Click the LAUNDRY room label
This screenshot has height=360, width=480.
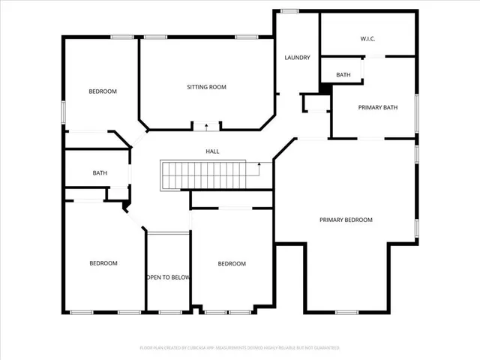(x=297, y=58)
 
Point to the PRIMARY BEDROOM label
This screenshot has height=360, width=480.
(x=346, y=220)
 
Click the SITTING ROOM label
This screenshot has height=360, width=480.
(x=206, y=87)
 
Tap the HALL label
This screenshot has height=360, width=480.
(x=213, y=151)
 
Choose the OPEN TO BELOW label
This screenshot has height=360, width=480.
(x=168, y=277)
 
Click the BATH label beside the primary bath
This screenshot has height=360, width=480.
(x=343, y=75)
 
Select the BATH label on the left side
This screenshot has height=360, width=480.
(x=100, y=173)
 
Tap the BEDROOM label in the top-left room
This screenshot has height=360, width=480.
(x=103, y=91)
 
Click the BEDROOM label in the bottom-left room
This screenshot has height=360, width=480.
(x=103, y=263)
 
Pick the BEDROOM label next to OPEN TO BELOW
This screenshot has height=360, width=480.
(x=232, y=264)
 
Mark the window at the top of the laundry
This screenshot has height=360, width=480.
(x=289, y=10)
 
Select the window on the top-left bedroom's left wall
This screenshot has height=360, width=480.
(x=64, y=112)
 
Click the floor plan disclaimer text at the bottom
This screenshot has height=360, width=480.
(x=239, y=348)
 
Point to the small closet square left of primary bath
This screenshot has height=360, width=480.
(x=316, y=103)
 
